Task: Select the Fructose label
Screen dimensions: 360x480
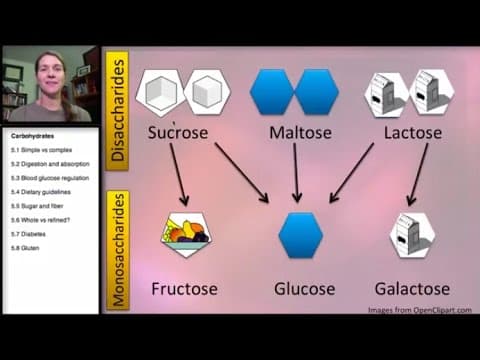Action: (x=184, y=289)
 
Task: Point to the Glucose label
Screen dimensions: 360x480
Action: (x=304, y=289)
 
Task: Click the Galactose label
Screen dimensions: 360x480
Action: (x=412, y=289)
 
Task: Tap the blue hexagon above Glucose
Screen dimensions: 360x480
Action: (x=301, y=236)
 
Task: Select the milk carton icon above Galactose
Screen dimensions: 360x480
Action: (x=411, y=236)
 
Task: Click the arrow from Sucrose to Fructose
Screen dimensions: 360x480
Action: (x=181, y=175)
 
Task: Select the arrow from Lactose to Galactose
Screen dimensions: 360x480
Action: (x=417, y=175)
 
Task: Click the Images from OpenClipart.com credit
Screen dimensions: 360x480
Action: (x=420, y=311)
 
